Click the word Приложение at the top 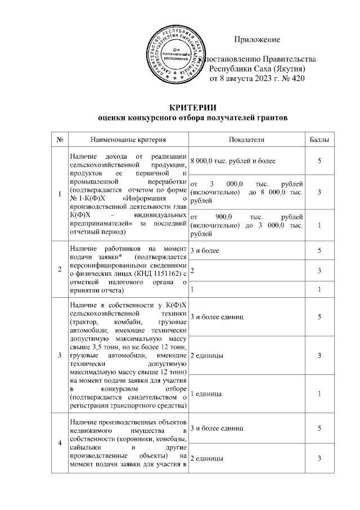[256, 39]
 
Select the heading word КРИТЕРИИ [193, 108]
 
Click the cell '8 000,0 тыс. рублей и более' [233, 162]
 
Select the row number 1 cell [60, 194]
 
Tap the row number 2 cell [60, 269]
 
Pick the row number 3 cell [60, 355]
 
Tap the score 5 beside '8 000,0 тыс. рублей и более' [319, 162]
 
